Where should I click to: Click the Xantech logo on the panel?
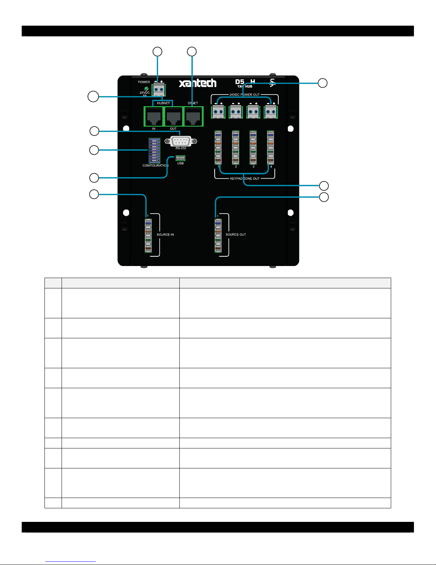click(198, 83)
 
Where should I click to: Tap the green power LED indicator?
click(146, 88)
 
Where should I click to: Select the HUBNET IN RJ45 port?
click(154, 117)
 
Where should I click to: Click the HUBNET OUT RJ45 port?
click(173, 117)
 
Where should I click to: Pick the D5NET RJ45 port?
click(193, 117)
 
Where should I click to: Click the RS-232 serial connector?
click(181, 141)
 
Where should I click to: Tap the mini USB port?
click(180, 158)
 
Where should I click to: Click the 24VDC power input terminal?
click(159, 89)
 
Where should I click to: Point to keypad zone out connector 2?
click(236, 148)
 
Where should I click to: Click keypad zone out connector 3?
click(253, 148)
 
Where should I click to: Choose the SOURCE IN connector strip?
click(148, 235)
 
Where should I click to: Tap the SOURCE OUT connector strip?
click(218, 235)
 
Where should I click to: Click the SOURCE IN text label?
click(165, 235)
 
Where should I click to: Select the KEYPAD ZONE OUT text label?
click(245, 179)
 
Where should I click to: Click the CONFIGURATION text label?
click(155, 165)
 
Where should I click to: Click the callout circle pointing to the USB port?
click(94, 178)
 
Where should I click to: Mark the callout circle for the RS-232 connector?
click(94, 131)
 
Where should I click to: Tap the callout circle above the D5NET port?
click(192, 52)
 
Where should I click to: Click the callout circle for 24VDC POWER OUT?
click(322, 83)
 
